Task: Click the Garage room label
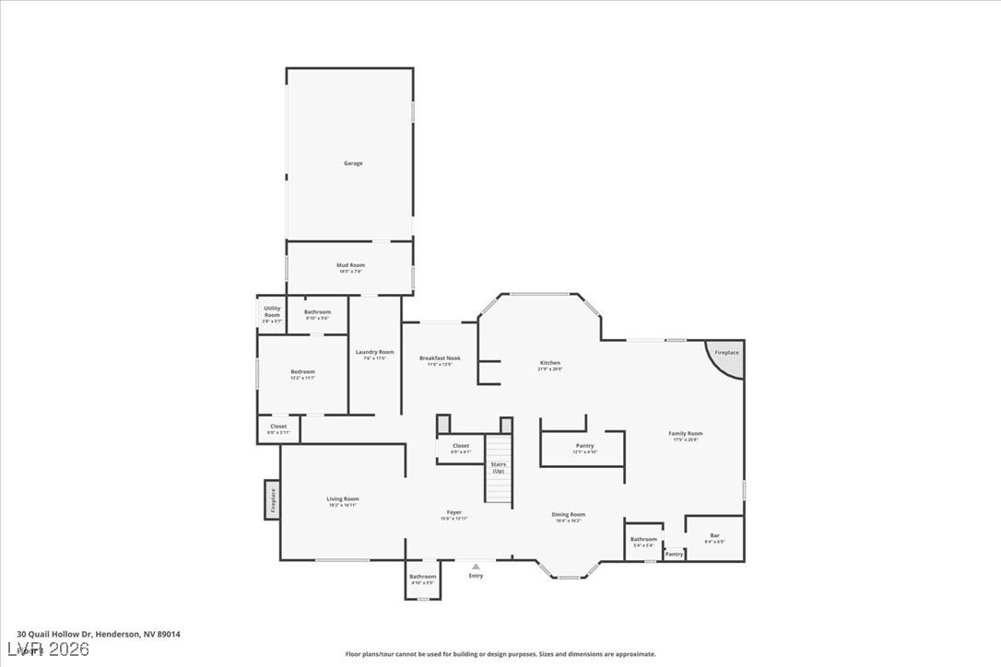coord(353,163)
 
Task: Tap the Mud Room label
coord(350,265)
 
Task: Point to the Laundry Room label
coord(375,352)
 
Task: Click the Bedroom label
coord(302,372)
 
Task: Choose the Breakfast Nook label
coord(440,358)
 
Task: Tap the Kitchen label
coord(549,363)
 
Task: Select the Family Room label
coord(686,434)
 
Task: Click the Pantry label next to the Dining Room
coord(585,446)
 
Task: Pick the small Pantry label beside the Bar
coord(675,555)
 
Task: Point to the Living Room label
coord(342,499)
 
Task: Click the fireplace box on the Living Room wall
coord(272,500)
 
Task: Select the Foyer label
coord(454,513)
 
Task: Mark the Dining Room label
coord(569,515)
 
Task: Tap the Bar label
coord(714,535)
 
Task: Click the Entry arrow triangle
coord(476,567)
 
